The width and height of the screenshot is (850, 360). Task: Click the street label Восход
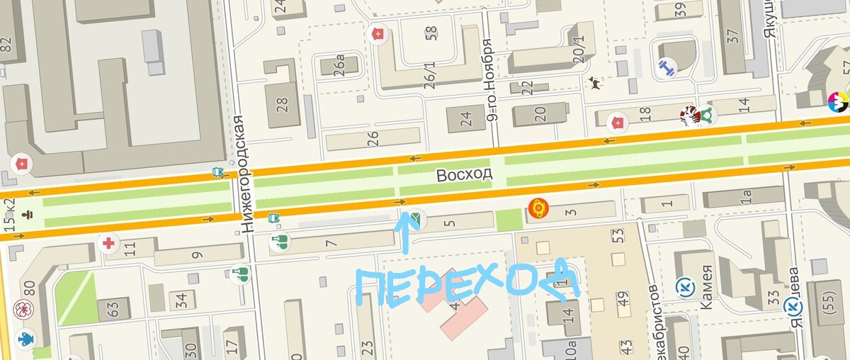pyautogui.click(x=464, y=174)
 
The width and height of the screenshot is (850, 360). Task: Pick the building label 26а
pyautogui.click(x=339, y=65)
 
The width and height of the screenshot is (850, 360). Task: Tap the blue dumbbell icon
pyautogui.click(x=666, y=68)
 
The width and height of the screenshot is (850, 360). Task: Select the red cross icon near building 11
pyautogui.click(x=108, y=243)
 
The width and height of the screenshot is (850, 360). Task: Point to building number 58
pyautogui.click(x=431, y=34)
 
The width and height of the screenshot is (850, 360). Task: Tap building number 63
pyautogui.click(x=113, y=309)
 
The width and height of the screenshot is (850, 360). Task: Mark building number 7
pyautogui.click(x=331, y=242)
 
